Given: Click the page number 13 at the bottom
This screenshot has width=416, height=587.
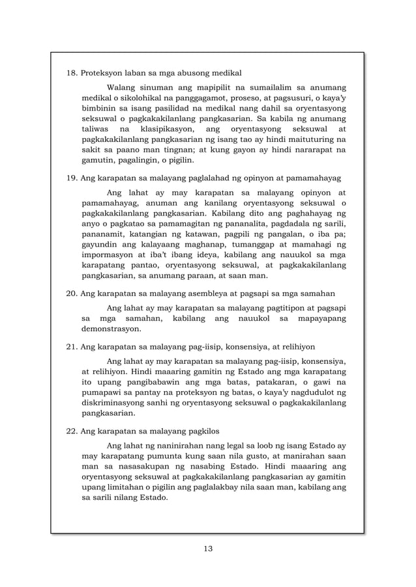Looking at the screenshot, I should tap(208, 547).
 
